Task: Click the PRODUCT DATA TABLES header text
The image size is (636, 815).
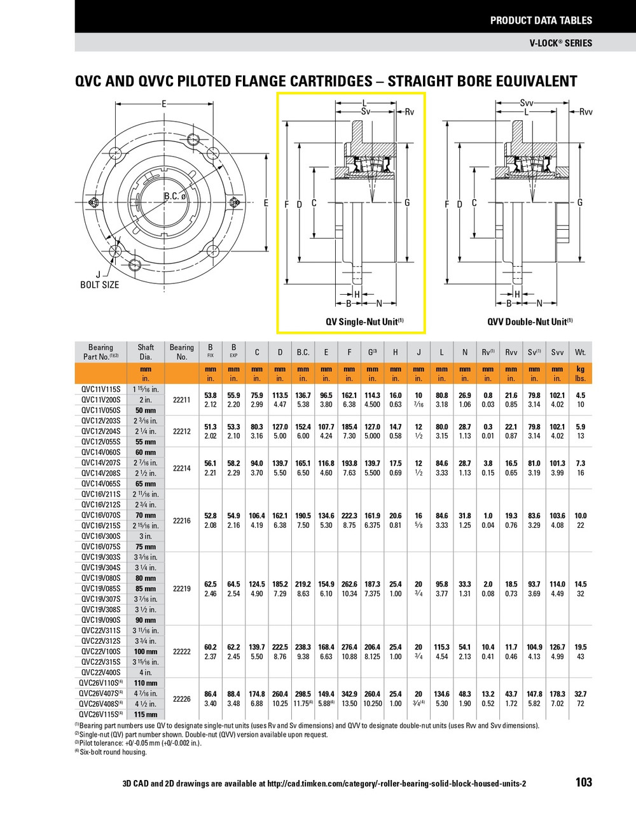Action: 541,20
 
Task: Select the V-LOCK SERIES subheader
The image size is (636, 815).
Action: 560,43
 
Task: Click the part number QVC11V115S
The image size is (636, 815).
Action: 100,388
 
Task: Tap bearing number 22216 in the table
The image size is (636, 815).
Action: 182,520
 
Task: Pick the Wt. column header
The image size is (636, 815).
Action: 580,352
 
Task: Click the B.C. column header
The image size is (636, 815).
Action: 303,352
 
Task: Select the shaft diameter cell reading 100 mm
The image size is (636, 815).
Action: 146,651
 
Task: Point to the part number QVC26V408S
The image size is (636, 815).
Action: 100,704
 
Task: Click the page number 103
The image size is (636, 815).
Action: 583,783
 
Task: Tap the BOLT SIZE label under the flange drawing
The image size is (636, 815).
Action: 99,285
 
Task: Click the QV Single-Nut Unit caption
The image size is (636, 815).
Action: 364,322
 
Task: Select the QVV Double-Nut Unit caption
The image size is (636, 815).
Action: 530,322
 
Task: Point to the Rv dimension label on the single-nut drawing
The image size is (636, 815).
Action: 409,112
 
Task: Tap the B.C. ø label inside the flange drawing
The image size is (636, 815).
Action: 174,196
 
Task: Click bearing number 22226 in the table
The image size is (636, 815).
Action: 182,699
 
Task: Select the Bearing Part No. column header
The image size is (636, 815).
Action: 100,352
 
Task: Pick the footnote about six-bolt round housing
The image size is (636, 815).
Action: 111,752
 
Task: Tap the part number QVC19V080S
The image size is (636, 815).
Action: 100,578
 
